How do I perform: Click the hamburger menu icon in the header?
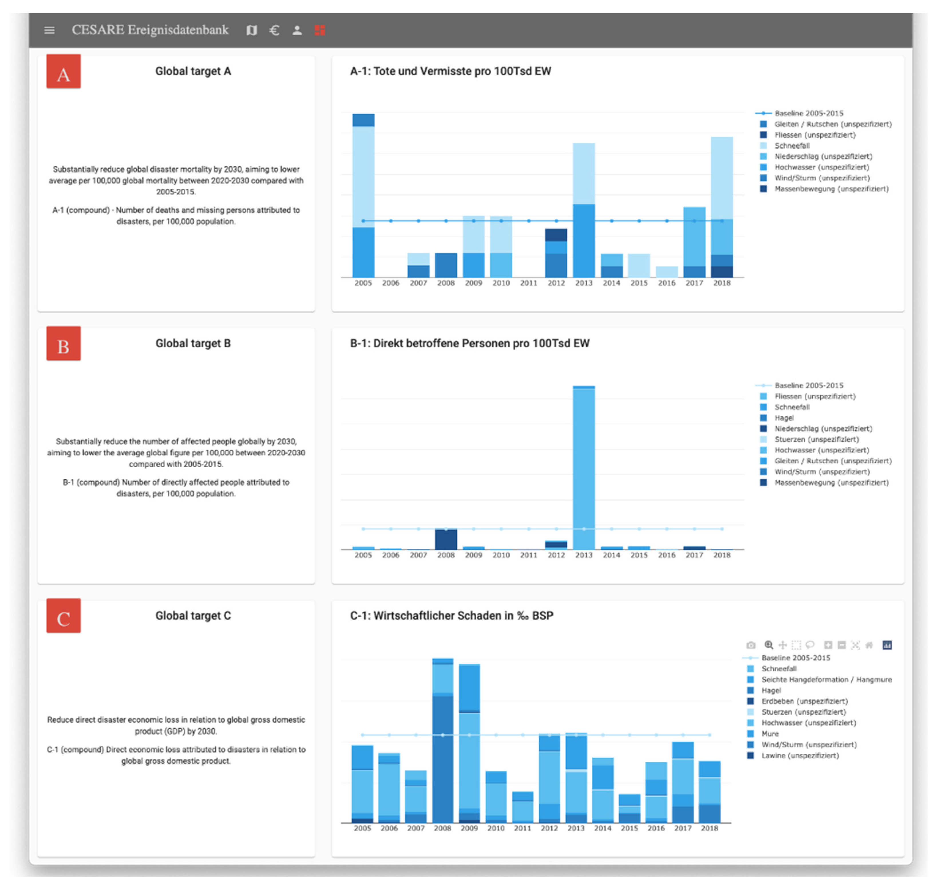pyautogui.click(x=49, y=30)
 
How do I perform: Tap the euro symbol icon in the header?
pyautogui.click(x=274, y=30)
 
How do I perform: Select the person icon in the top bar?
pyautogui.click(x=297, y=30)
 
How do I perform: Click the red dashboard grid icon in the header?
pyautogui.click(x=320, y=30)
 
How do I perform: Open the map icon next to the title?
pyautogui.click(x=252, y=30)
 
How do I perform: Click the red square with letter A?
pyautogui.click(x=64, y=72)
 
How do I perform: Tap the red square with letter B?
pyautogui.click(x=64, y=344)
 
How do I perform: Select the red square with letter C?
pyautogui.click(x=64, y=616)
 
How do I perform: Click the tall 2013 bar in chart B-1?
pyautogui.click(x=584, y=470)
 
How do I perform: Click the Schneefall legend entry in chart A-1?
pyautogui.click(x=792, y=146)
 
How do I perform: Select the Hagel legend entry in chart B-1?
pyautogui.click(x=784, y=418)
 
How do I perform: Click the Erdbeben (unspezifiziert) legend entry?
pyautogui.click(x=804, y=702)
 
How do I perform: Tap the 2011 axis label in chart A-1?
pyautogui.click(x=528, y=283)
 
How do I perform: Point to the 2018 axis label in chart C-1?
pyautogui.click(x=710, y=828)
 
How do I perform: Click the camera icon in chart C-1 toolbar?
pyautogui.click(x=751, y=646)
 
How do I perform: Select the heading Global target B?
pyautogui.click(x=193, y=343)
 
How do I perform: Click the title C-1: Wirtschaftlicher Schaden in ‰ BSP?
pyautogui.click(x=451, y=616)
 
